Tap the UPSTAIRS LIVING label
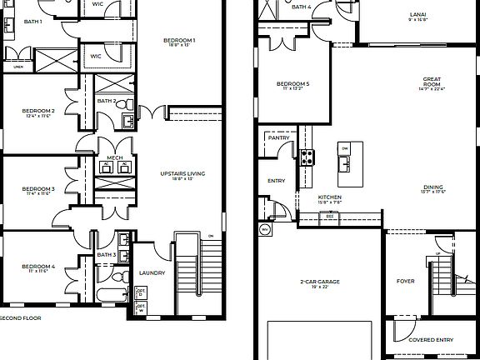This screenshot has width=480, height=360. [182, 173]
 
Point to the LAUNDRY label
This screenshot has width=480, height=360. [152, 273]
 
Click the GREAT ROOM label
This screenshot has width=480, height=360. [431, 82]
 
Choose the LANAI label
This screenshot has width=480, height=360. [418, 14]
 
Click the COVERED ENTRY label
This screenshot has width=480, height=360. [430, 340]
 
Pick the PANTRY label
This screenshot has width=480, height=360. [279, 138]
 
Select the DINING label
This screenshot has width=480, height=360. [432, 187]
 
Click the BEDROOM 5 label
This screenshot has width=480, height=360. [293, 83]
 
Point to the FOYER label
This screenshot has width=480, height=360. [405, 282]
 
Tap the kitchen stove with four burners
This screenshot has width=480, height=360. [307, 156]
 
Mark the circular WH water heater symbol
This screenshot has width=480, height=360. [266, 228]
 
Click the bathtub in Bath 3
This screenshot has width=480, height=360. [103, 297]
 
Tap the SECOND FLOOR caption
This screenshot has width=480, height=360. [20, 317]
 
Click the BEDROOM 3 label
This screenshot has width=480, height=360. [38, 189]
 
